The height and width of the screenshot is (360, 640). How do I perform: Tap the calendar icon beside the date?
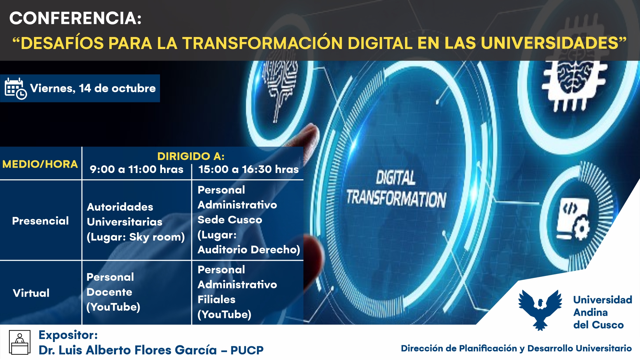pyautogui.click(x=15, y=89)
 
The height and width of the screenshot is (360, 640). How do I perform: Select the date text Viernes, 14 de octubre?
pyautogui.click(x=93, y=88)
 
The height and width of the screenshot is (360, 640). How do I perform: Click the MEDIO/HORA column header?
pyautogui.click(x=40, y=164)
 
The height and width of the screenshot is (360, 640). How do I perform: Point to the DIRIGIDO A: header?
pyautogui.click(x=191, y=156)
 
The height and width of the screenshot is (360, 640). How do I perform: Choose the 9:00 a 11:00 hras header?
pyautogui.click(x=137, y=169)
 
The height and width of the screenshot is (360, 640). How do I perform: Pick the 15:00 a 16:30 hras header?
pyautogui.click(x=248, y=169)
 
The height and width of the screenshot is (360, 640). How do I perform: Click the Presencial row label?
pyautogui.click(x=40, y=221)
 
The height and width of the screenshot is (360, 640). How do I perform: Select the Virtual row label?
pyautogui.click(x=31, y=293)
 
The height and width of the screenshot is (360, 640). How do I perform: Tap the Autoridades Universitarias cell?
pyautogui.click(x=136, y=222)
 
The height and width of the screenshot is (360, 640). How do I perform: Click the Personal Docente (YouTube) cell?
pyautogui.click(x=113, y=292)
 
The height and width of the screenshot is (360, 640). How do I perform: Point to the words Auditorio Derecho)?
pyautogui.click(x=249, y=250)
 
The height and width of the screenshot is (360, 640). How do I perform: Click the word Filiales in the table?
pyautogui.click(x=216, y=299)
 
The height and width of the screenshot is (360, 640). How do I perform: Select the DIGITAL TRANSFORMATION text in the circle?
pyautogui.click(x=396, y=189)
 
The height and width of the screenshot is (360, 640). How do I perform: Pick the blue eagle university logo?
pyautogui.click(x=540, y=310)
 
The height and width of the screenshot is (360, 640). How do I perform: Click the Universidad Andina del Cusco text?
pyautogui.click(x=603, y=312)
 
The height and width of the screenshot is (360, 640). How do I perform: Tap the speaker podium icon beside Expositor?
pyautogui.click(x=20, y=342)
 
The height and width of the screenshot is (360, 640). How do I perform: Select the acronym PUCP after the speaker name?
pyautogui.click(x=247, y=350)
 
